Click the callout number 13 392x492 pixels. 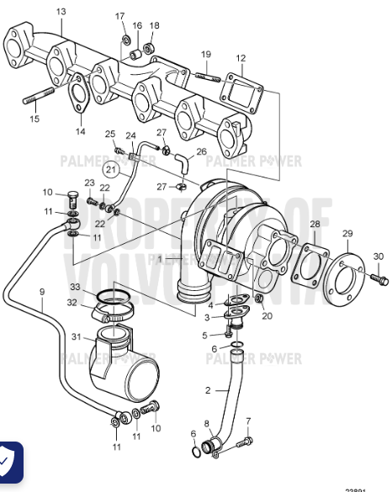60,11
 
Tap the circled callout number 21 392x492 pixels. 113,169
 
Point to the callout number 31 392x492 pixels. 76,337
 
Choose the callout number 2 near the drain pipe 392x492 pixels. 208,391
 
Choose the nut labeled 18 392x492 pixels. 154,47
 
